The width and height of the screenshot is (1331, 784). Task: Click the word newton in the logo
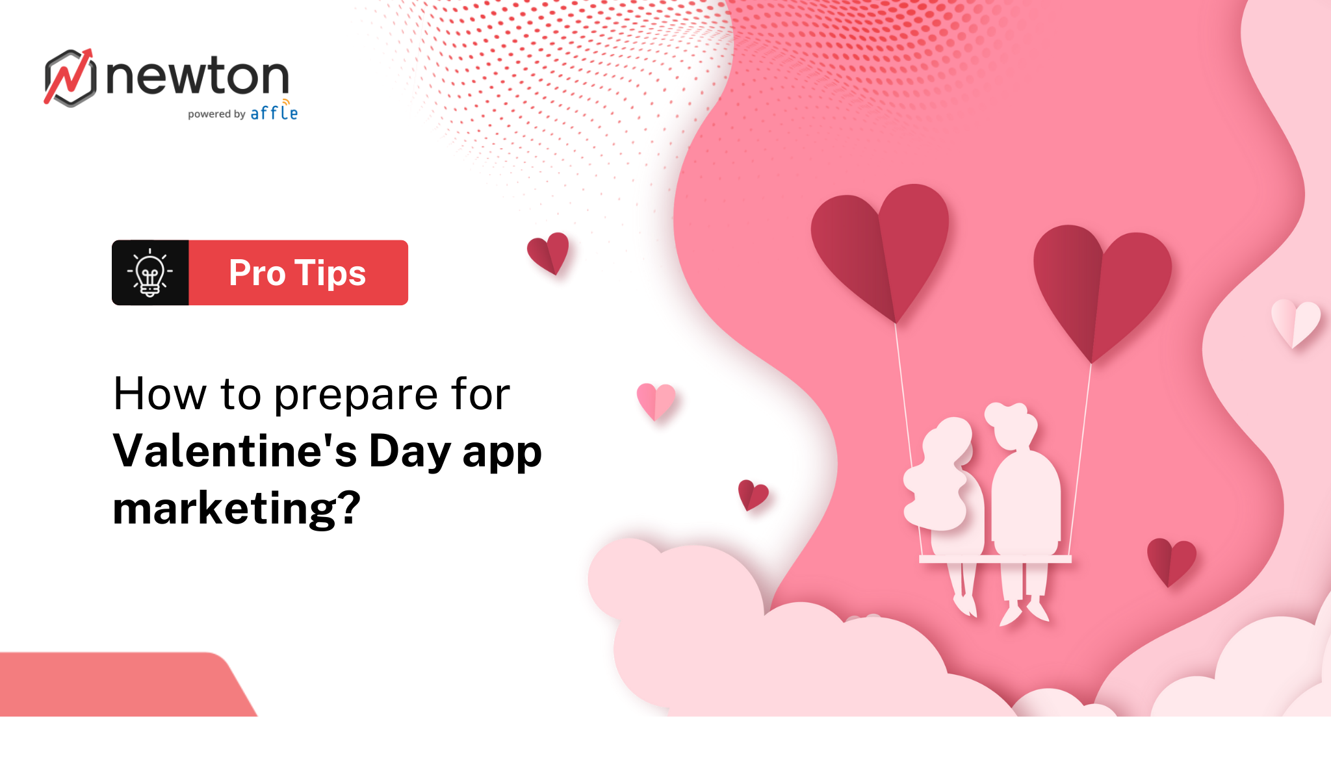point(197,77)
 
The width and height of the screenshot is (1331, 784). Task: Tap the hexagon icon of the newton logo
point(70,78)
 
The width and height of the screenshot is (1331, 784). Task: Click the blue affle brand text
point(274,113)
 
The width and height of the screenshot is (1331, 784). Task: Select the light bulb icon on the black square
point(150,273)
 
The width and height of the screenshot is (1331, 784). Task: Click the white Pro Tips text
point(298,273)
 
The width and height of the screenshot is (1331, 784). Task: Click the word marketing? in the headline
point(237,508)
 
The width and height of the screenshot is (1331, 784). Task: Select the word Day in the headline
point(409,451)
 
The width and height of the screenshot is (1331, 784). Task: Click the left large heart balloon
point(881,247)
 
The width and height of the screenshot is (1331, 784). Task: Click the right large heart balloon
point(1102,286)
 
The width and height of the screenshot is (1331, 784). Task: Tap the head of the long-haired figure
point(948,442)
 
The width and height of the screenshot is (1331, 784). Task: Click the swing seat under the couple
point(994,559)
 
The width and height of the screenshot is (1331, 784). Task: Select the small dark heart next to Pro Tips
point(549,252)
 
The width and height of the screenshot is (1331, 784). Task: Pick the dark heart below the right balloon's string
point(1170,561)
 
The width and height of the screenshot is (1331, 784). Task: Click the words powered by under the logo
point(216,114)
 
